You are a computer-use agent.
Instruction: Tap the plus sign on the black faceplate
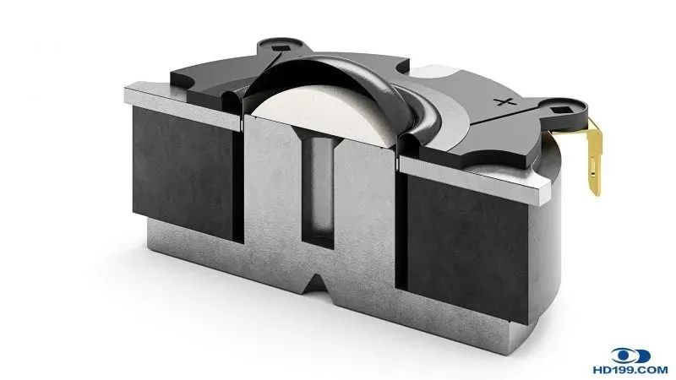coord(505,102)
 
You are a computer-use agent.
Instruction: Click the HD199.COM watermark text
coord(630,370)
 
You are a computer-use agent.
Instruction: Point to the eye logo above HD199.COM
coord(630,356)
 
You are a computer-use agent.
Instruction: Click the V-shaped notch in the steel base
coord(318,285)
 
